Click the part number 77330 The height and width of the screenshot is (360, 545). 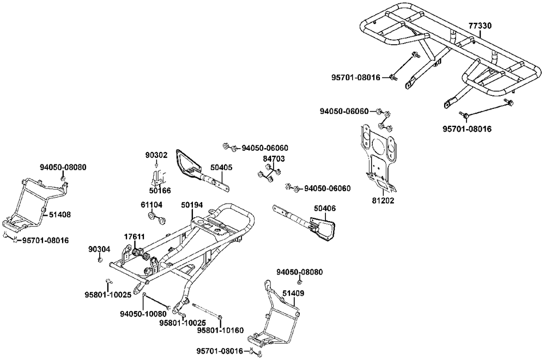(480, 26)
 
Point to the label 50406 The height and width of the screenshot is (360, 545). (325, 208)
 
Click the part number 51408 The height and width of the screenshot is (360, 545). (59, 215)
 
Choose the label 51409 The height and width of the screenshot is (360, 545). (293, 293)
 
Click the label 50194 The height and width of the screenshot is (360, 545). (192, 205)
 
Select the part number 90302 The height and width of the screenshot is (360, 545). (156, 155)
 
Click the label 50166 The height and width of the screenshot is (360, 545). (160, 191)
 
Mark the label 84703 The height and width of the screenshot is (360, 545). (274, 158)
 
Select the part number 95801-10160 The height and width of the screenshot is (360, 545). (220, 330)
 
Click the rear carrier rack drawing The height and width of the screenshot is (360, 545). (441, 54)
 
